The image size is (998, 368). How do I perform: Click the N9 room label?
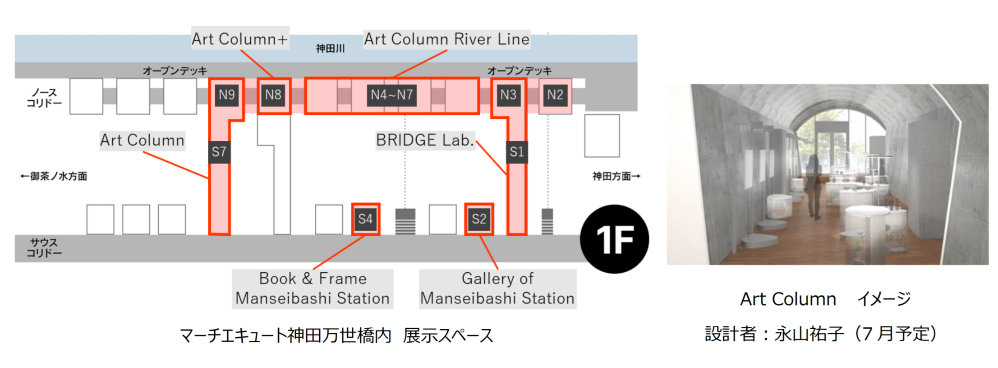pos(226,95)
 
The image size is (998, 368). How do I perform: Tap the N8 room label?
pos(273,95)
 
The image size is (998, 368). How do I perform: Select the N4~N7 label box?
pos(391,95)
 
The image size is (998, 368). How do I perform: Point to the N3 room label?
pos(508,95)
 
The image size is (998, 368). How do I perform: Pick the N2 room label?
pos(555,95)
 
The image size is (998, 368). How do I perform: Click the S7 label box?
pos(219,152)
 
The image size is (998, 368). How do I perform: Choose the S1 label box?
pos(516,152)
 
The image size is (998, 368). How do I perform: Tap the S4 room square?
pos(365,219)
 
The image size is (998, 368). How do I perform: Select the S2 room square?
pos(479,219)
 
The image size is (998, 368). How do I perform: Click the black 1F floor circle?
pos(614,239)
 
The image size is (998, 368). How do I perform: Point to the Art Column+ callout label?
pos(240,39)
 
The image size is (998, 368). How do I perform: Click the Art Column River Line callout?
pos(446,39)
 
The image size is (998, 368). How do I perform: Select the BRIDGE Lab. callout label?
pos(425,140)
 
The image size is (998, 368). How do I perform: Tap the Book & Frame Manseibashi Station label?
pos(313,289)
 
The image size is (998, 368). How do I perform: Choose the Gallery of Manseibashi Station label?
pos(497,289)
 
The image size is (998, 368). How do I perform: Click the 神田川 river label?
pos(330,48)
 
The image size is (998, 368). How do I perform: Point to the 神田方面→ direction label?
pos(616,176)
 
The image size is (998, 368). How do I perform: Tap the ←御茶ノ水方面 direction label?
pos(54,176)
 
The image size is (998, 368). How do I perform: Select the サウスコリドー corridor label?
pos(44,248)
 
